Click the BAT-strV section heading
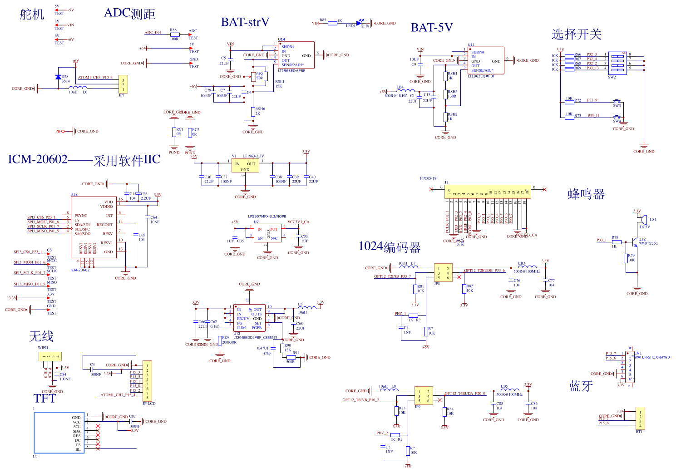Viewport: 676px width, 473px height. click(245, 22)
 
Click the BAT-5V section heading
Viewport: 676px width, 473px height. click(431, 28)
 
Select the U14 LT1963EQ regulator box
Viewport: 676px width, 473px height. click(296, 55)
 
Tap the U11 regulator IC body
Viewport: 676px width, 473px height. click(486, 60)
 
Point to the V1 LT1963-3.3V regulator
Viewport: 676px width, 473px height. click(245, 165)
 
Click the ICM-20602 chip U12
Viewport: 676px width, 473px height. click(94, 227)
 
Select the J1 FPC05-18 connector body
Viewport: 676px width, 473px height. click(487, 191)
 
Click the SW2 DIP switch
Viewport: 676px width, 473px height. click(617, 63)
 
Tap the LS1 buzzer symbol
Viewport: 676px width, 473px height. click(644, 220)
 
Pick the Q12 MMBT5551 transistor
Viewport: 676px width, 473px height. click(634, 239)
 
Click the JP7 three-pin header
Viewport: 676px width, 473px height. click(123, 84)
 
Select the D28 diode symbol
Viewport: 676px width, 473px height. click(58, 77)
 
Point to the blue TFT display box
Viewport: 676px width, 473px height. click(59, 433)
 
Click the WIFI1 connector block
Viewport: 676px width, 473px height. click(50, 356)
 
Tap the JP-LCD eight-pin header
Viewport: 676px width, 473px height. click(147, 381)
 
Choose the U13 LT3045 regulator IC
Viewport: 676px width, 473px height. click(249, 318)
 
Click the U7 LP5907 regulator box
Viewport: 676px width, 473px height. click(267, 233)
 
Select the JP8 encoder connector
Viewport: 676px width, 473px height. click(443, 273)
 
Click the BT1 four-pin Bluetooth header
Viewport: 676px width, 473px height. click(640, 418)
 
